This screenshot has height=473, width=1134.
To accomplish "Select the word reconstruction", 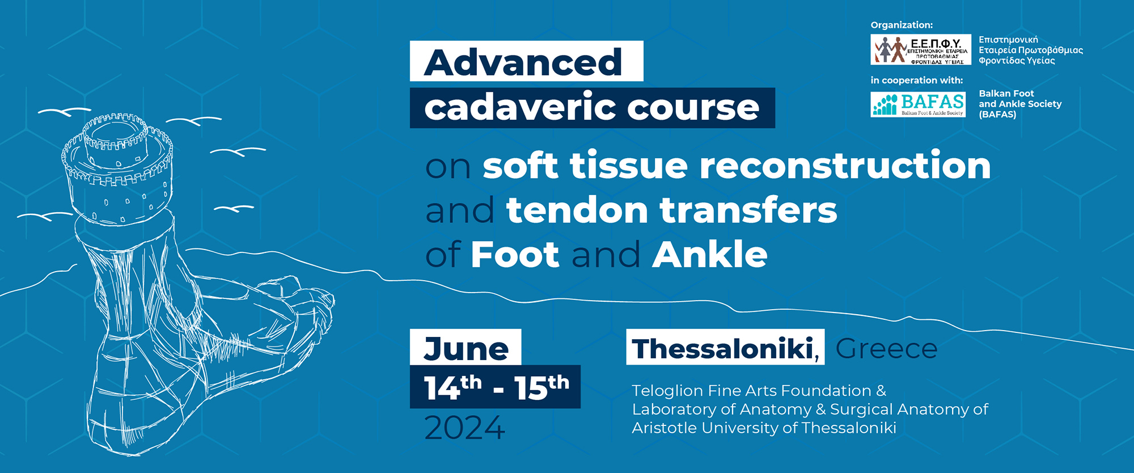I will click(x=845, y=166).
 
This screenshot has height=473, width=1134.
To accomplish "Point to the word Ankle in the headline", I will click(x=710, y=254).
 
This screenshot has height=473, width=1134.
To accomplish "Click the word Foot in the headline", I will click(x=515, y=254).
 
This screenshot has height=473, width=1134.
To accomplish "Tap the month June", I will click(x=466, y=348).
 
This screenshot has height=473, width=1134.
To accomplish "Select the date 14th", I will click(x=452, y=387).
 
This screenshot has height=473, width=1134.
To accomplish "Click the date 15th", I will click(x=541, y=387).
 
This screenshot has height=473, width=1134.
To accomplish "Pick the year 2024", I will click(x=464, y=428).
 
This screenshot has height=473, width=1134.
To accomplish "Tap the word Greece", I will click(x=886, y=348).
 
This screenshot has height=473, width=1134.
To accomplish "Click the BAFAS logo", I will click(x=918, y=104).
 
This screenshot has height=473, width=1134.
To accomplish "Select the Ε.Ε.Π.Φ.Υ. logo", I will click(x=921, y=50).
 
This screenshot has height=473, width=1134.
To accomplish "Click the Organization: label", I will click(x=902, y=25).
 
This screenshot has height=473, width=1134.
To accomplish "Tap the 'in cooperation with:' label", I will click(x=916, y=80).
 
